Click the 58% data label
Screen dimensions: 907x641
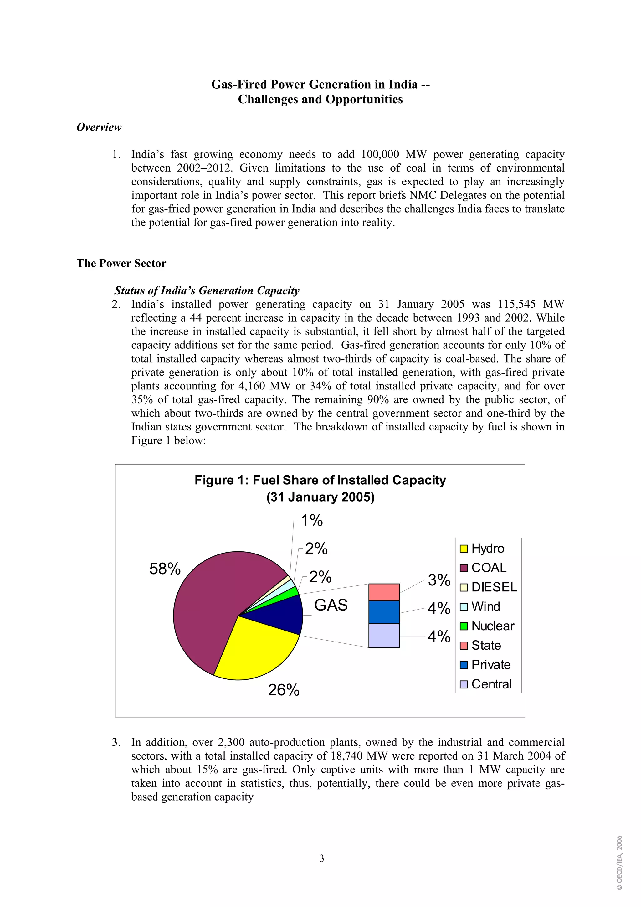165,569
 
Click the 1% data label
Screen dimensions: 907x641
312,520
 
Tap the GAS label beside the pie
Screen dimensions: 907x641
331,605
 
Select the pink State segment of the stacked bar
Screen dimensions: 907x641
384,592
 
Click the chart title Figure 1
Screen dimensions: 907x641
320,480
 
